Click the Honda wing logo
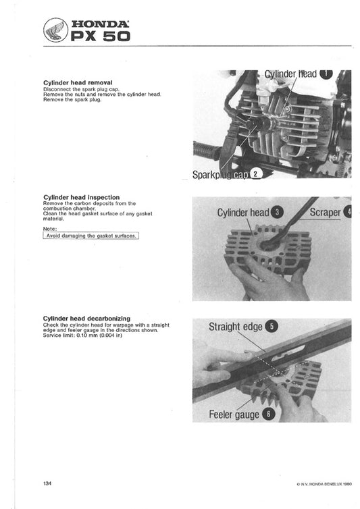pyautogui.click(x=55, y=31)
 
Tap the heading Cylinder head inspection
pyautogui.click(x=81, y=198)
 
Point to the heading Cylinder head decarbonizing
pyautogui.click(x=86, y=317)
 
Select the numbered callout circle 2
pyautogui.click(x=255, y=174)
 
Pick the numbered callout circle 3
pyautogui.click(x=278, y=213)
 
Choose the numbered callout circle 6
pyautogui.click(x=267, y=414)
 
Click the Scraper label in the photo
pyautogui.click(x=325, y=213)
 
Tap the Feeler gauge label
pyautogui.click(x=234, y=414)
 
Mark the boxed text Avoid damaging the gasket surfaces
pyautogui.click(x=91, y=236)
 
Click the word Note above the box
pyautogui.click(x=49, y=229)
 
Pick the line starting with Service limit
pyautogui.click(x=82, y=335)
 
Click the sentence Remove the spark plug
pyautogui.click(x=72, y=99)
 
